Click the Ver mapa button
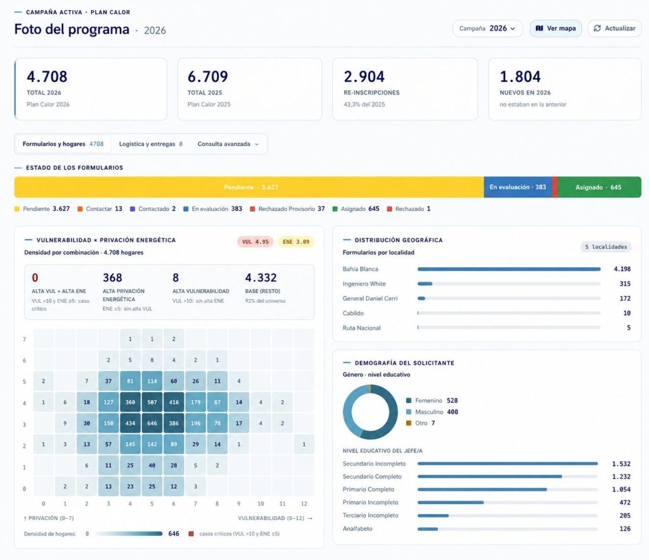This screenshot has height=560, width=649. click(x=556, y=29)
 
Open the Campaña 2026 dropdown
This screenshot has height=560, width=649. click(x=487, y=29)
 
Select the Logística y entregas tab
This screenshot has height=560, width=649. click(x=151, y=144)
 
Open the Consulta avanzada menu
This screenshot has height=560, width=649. click(x=228, y=144)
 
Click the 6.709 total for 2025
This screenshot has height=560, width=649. click(x=208, y=77)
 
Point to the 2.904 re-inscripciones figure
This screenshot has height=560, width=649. click(x=364, y=77)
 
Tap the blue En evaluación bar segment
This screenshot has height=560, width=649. click(x=518, y=187)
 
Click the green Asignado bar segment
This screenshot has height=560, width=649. click(x=600, y=187)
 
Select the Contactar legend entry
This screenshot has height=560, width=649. click(x=100, y=209)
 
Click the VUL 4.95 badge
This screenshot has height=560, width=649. click(x=255, y=241)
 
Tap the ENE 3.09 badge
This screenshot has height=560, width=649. click(x=296, y=241)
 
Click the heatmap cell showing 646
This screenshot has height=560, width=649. click(x=152, y=423)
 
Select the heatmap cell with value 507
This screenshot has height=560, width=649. click(x=152, y=402)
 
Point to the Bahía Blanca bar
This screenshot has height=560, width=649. click(x=509, y=269)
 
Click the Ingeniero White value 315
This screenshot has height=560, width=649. click(x=625, y=284)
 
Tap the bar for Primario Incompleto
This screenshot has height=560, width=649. click(x=451, y=502)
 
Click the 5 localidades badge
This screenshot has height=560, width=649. click(x=606, y=247)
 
